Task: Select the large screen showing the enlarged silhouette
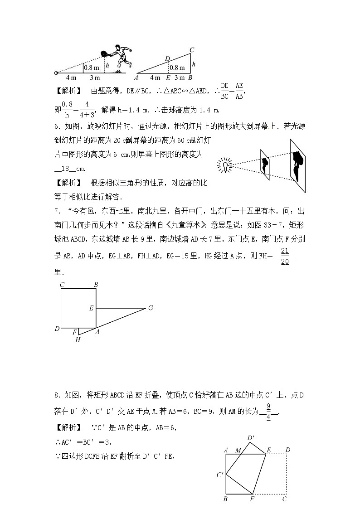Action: tap(298, 166)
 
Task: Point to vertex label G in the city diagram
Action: tap(151, 308)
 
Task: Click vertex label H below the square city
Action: tap(78, 339)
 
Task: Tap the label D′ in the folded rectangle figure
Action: tap(251, 438)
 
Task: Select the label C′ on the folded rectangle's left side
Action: tap(221, 475)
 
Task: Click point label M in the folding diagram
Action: tap(238, 450)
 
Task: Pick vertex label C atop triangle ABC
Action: tap(192, 50)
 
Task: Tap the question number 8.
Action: tap(57, 396)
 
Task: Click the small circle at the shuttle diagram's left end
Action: tap(56, 73)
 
